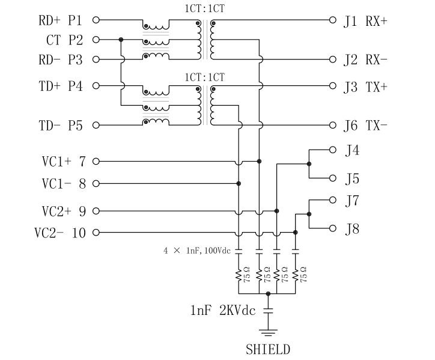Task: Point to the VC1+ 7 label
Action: coord(64,161)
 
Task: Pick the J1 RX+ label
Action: coord(365,21)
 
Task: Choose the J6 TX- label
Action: coord(365,126)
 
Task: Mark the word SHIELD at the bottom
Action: coord(268,349)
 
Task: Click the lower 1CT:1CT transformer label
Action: coord(205,77)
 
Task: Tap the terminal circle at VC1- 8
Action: coord(96,183)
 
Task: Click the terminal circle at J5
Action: coord(334,178)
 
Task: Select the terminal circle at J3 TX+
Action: coord(334,86)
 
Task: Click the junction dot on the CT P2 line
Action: coord(121,40)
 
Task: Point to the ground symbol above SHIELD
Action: coord(268,332)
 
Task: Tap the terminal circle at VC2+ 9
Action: coord(96,211)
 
